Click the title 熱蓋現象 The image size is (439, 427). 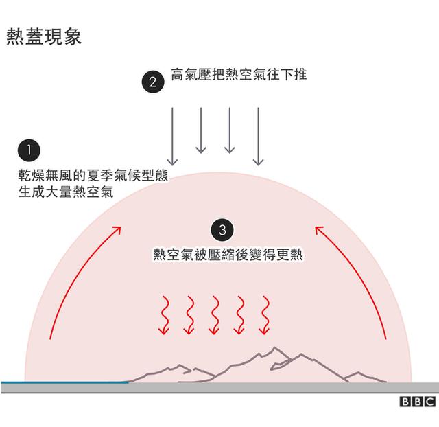click(x=44, y=36)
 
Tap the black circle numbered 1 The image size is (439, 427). click(x=29, y=150)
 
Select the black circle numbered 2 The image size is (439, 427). click(x=153, y=82)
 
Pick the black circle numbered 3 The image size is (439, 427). click(x=222, y=230)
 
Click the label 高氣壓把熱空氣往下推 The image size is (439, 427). click(x=239, y=75)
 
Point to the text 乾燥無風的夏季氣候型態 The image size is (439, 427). click(x=93, y=175)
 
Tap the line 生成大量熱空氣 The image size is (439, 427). click(x=66, y=192)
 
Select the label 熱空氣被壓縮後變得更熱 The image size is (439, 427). click(x=228, y=255)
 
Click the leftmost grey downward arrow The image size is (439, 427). click(x=172, y=137)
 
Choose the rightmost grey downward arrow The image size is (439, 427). click(x=258, y=137)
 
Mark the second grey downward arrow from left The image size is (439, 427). click(x=201, y=130)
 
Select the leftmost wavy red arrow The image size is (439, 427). click(x=164, y=315)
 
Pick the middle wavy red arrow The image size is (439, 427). click(x=214, y=315)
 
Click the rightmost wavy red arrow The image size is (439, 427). click(x=265, y=315)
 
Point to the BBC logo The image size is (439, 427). click(x=418, y=402)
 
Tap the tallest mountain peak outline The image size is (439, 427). click(x=274, y=348)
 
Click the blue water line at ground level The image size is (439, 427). click(x=65, y=382)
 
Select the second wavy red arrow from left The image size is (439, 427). click(x=189, y=315)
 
